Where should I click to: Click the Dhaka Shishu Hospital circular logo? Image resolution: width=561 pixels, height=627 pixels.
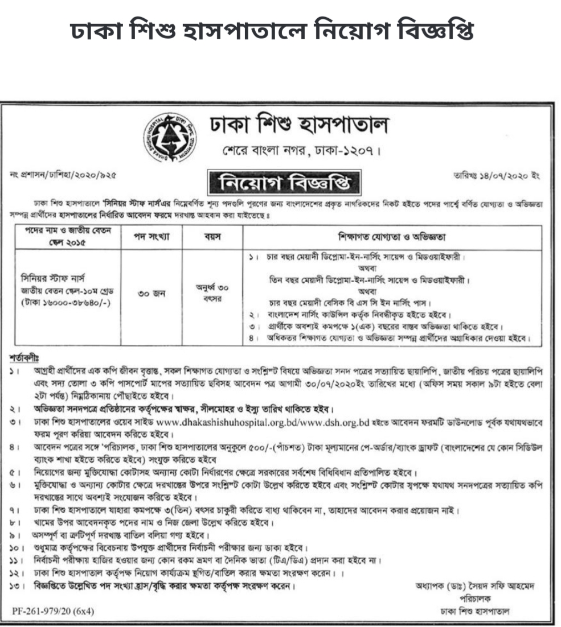tap(170, 136)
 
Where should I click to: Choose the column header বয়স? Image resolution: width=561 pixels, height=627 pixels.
tap(212, 235)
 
